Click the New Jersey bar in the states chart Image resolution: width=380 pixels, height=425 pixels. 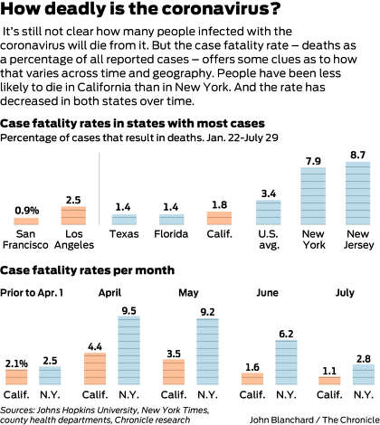[357, 194]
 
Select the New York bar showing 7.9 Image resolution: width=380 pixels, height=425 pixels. [313, 196]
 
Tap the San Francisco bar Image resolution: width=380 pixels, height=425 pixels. [26, 222]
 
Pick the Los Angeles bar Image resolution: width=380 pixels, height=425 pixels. [73, 216]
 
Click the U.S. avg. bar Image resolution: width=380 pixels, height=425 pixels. [269, 212]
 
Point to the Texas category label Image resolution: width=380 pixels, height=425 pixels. [124, 234]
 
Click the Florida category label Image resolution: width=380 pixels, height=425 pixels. [171, 234]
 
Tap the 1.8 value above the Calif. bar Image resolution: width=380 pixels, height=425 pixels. [219, 205]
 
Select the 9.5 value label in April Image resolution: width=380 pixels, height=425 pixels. [129, 311]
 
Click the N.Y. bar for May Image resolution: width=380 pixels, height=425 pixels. [207, 352]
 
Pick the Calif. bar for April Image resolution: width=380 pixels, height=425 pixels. [95, 369]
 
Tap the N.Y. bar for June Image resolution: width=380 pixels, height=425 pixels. [286, 363]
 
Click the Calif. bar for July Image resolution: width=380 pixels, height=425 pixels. [329, 381]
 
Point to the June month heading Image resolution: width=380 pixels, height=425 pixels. [267, 293]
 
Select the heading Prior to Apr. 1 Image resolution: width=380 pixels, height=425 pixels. [32, 293]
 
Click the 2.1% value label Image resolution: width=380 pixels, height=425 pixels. [16, 364]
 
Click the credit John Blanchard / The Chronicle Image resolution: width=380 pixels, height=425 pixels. [315, 420]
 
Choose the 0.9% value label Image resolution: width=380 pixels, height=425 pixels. [27, 211]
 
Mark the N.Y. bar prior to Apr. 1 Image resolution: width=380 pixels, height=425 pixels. [50, 375]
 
